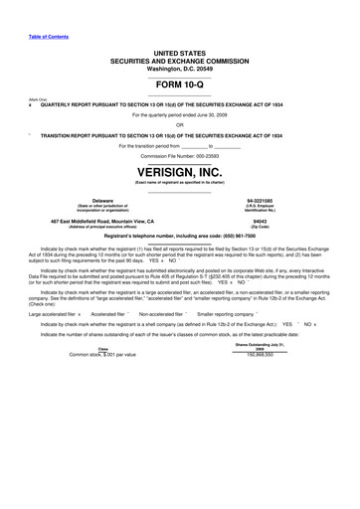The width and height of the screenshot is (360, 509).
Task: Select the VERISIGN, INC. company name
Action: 180,172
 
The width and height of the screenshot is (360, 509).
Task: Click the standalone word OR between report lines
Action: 179,124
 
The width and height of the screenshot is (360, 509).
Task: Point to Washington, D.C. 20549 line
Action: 180,68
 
